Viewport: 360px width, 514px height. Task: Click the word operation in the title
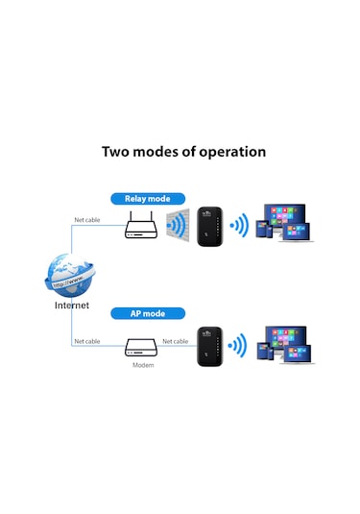228,152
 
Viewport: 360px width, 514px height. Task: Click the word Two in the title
120,152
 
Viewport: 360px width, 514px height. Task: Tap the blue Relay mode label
147,199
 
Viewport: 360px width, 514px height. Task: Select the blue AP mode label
147,313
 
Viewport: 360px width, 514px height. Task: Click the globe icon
72,274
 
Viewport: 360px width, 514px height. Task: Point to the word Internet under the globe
71,306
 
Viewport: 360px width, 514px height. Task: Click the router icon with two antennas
141,228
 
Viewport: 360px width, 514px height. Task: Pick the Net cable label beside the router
87,220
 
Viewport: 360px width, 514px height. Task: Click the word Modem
141,366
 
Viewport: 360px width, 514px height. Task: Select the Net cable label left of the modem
87,341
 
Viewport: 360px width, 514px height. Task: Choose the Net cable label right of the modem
175,341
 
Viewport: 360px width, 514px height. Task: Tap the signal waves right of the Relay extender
238,227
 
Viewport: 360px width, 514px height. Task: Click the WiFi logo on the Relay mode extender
206,214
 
